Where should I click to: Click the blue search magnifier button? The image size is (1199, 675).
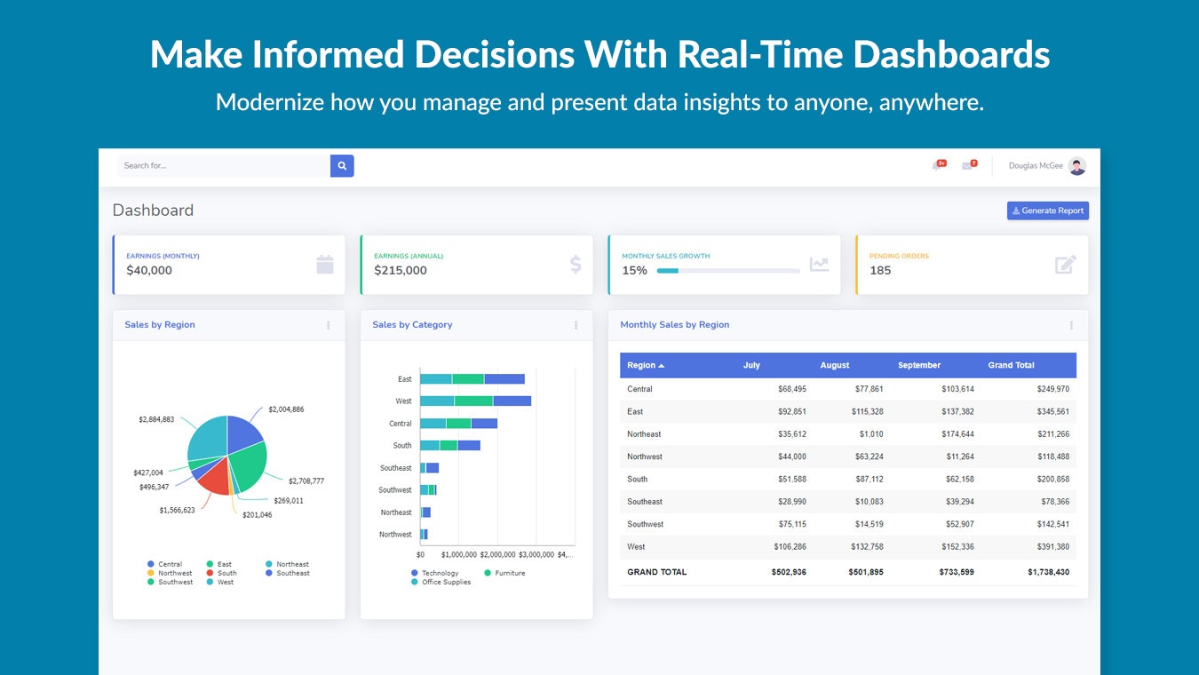tap(342, 166)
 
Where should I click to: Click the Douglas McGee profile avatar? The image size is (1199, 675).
tap(1076, 166)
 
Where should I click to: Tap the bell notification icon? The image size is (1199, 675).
tap(937, 166)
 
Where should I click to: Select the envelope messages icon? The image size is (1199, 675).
tap(967, 166)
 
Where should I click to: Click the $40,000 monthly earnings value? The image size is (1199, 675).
tap(149, 271)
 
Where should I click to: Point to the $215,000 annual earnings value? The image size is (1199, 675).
tap(400, 271)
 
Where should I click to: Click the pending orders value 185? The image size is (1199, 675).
tap(880, 271)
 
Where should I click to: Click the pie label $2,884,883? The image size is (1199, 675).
tap(156, 419)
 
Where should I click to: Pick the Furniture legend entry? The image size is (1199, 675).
tap(509, 574)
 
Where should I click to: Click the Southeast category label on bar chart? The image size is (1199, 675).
tap(395, 468)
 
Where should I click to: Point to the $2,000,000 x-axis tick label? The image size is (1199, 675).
tap(497, 554)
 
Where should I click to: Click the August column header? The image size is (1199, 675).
tap(835, 366)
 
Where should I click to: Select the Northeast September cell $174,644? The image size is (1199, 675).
tap(955, 434)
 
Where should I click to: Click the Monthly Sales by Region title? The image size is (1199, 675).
tap(674, 325)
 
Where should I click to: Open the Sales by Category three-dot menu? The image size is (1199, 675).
tap(576, 326)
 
